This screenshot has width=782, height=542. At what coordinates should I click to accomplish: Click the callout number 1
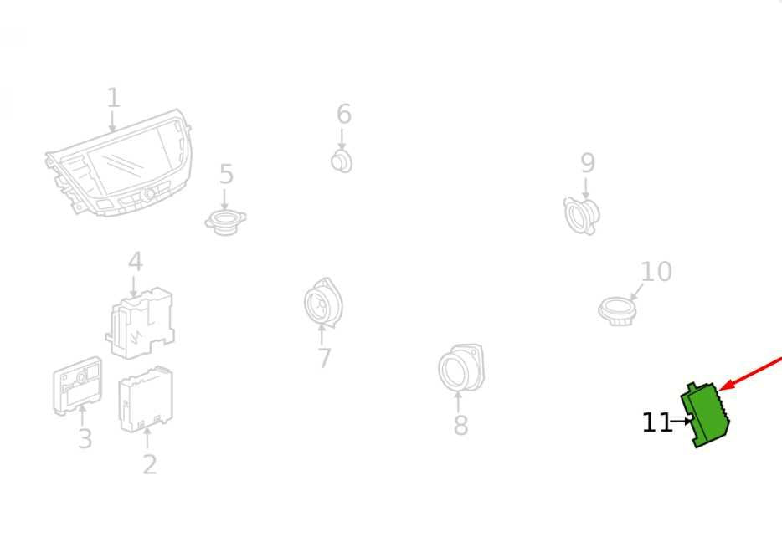click(114, 98)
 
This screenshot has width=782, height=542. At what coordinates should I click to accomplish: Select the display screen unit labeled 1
click(119, 163)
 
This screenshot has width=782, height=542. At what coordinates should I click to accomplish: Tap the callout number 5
click(226, 174)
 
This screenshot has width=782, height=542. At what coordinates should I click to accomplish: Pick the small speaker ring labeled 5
click(225, 222)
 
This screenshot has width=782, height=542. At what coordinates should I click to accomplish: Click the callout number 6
click(344, 114)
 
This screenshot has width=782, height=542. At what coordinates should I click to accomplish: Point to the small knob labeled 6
click(342, 161)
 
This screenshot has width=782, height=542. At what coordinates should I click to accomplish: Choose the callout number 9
click(588, 163)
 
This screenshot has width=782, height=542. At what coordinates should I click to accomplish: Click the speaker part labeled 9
click(582, 216)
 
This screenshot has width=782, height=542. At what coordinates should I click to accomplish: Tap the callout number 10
click(656, 272)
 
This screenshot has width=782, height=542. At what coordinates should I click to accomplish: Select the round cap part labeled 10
click(617, 311)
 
